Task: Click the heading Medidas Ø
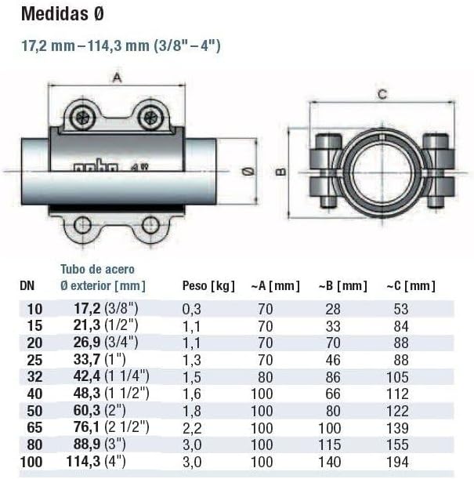[63, 14]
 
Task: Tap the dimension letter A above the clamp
[117, 78]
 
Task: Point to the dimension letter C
[382, 94]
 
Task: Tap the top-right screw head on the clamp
[150, 117]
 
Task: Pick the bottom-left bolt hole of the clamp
[82, 225]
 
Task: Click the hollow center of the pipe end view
[382, 173]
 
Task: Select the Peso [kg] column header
[208, 286]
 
